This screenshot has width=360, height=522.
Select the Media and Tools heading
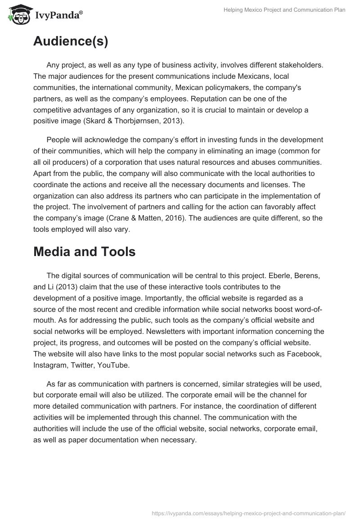point(84,252)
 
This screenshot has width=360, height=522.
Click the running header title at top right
point(284,10)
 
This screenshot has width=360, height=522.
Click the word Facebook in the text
point(306,354)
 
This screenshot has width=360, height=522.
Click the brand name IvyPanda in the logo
point(57,16)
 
